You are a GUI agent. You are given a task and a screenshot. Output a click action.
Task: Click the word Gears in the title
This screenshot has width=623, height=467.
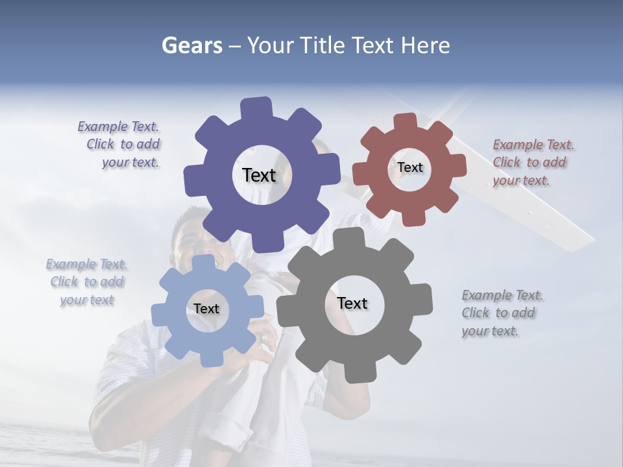(x=191, y=45)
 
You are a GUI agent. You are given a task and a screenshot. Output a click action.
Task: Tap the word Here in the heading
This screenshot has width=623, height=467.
(x=425, y=45)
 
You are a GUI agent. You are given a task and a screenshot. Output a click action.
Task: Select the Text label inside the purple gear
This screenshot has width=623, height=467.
(x=259, y=175)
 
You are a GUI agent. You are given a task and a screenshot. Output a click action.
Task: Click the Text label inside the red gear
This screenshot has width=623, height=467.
(x=409, y=167)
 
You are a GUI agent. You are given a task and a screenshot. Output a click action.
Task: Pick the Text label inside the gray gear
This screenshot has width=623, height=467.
(x=352, y=303)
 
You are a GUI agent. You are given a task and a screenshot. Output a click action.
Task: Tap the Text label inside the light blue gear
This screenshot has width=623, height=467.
(x=206, y=309)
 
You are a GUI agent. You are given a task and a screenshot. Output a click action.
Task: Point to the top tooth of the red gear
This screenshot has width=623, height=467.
(x=405, y=121)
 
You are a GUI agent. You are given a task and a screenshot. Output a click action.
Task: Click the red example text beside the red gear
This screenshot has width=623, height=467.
(x=530, y=162)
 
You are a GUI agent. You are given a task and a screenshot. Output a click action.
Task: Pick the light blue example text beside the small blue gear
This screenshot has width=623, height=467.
(x=87, y=281)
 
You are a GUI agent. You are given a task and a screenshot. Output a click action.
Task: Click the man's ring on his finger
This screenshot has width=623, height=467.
(x=263, y=338)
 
